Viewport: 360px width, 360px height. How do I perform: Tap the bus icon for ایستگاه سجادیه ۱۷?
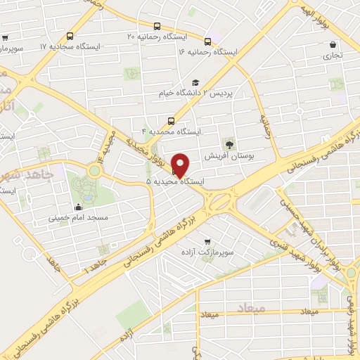(70, 36)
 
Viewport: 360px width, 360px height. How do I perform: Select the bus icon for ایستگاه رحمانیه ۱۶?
(207, 41)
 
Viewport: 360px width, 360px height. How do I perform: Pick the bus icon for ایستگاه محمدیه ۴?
(170, 120)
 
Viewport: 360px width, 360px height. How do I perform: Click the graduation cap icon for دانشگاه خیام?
(195, 82)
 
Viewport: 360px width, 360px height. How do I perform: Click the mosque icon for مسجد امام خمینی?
(77, 207)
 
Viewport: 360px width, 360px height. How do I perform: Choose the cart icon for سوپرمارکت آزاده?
(207, 240)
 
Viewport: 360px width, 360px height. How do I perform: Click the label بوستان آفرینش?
(227, 155)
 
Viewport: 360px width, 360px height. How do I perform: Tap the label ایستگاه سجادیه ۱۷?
(70, 46)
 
